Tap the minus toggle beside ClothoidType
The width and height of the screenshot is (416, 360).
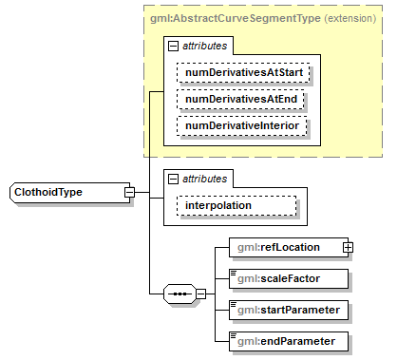pyautogui.click(x=128, y=193)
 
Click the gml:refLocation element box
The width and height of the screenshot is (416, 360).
pyautogui.click(x=285, y=247)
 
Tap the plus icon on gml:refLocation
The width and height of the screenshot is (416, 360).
pyautogui.click(x=348, y=248)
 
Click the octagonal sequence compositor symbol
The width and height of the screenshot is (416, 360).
pyautogui.click(x=179, y=294)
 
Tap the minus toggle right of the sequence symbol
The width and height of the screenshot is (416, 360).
pyautogui.click(x=200, y=294)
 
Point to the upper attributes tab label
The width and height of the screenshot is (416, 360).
pyautogui.click(x=205, y=45)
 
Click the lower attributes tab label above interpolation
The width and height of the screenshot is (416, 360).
pyautogui.click(x=205, y=178)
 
